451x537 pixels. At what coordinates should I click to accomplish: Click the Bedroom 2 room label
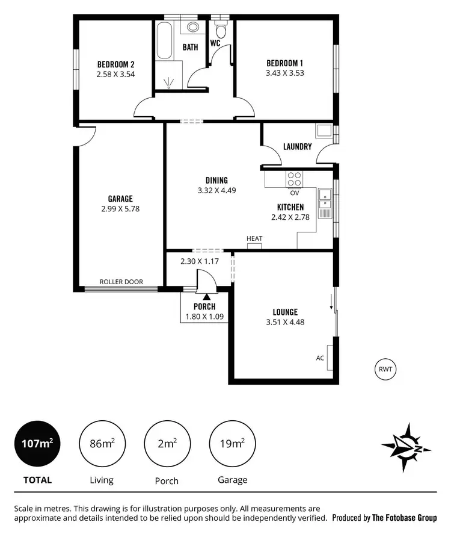point(115,65)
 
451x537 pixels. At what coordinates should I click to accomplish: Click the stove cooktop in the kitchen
point(295,179)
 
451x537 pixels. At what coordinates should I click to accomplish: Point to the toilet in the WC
point(221,30)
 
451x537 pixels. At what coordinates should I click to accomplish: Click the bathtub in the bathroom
point(163,40)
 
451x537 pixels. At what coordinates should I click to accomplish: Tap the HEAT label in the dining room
point(254,239)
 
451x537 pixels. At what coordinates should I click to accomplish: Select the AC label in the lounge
point(320,357)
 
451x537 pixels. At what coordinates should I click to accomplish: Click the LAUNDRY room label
point(298,146)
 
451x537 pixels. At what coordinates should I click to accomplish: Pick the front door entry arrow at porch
point(206,296)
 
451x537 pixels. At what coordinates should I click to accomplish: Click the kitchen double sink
point(325,202)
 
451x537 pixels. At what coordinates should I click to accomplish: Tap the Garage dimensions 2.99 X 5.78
point(120,209)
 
